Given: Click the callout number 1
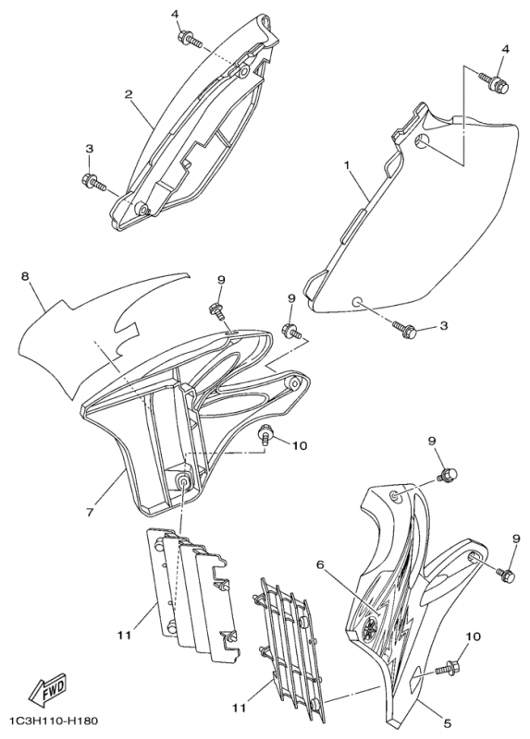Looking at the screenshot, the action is point(348,165).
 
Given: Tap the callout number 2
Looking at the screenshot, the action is point(128,94).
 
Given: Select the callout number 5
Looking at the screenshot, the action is point(448,722).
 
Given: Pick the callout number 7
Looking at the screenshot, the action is point(90,511).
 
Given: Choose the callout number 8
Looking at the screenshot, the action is point(25,275).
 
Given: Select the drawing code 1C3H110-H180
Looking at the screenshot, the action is point(52,721).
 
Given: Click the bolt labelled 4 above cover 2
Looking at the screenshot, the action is point(190,38).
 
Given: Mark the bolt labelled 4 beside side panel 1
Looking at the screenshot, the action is point(495,82).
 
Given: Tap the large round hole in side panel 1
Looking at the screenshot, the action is point(423,140).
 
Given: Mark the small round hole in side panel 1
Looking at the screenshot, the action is point(357,301).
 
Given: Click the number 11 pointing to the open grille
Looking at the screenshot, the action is point(240,709).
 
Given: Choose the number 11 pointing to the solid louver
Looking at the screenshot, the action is point(124,636).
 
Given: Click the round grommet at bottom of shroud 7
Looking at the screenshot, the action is point(183,480).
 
